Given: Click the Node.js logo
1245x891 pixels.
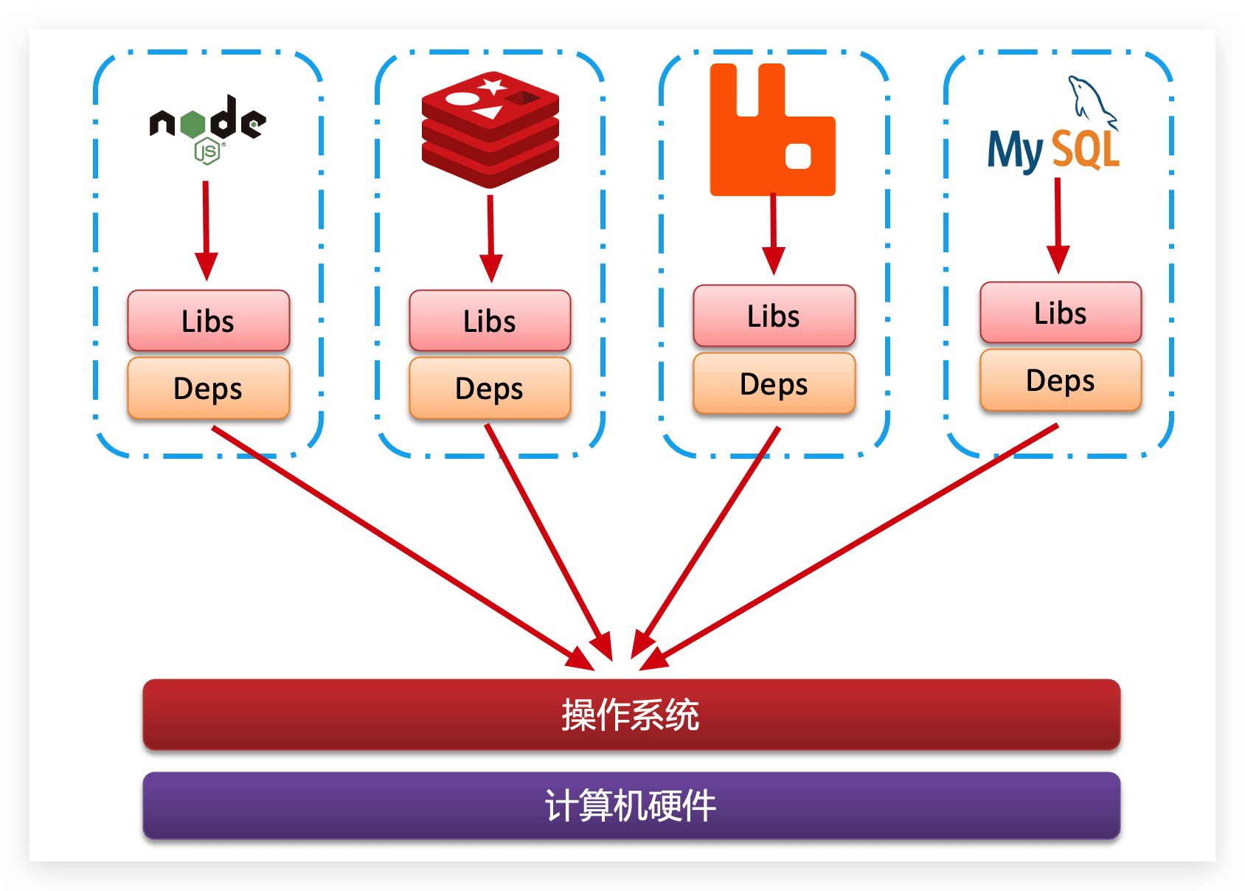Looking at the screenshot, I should pyautogui.click(x=207, y=122).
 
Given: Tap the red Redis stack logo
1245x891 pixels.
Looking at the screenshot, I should pyautogui.click(x=490, y=130).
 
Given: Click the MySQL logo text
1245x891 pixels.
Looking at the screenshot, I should pyautogui.click(x=1053, y=150).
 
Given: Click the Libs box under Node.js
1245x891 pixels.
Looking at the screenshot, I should pyautogui.click(x=208, y=321).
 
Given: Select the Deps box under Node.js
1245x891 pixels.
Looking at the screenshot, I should pyautogui.click(x=208, y=388).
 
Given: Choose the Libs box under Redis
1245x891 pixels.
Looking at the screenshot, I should pyautogui.click(x=490, y=321).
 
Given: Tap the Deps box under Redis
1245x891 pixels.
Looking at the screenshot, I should pyautogui.click(x=490, y=388).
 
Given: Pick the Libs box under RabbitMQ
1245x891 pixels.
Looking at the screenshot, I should pyautogui.click(x=774, y=316).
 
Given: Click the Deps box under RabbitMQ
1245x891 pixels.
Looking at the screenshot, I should pyautogui.click(x=774, y=384).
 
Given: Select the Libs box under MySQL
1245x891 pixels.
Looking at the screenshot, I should pyautogui.click(x=1060, y=313).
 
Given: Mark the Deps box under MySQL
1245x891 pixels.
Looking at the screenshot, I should pyautogui.click(x=1060, y=380).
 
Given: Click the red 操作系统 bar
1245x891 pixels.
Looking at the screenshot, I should pyautogui.click(x=631, y=714).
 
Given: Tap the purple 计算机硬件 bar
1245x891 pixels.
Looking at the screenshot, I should pyautogui.click(x=631, y=805).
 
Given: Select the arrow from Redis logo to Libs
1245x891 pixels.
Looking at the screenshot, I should pyautogui.click(x=490, y=236).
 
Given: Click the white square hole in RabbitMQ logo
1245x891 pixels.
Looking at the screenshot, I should pyautogui.click(x=798, y=156).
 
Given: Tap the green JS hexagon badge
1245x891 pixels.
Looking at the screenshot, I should pyautogui.click(x=207, y=152).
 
